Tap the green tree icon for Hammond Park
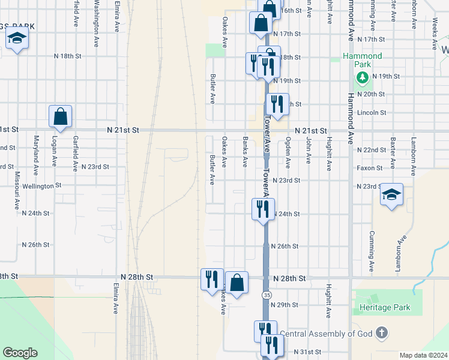[362, 77]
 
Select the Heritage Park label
[385, 308]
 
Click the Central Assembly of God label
[327, 334]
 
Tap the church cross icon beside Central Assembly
[382, 333]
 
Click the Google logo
[20, 353]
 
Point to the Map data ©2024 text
[423, 355]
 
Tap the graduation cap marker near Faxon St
[391, 194]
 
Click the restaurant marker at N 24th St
[263, 209]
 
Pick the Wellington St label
[42, 186]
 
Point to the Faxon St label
[369, 168]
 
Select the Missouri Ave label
[17, 190]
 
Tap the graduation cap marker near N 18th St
[17, 39]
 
